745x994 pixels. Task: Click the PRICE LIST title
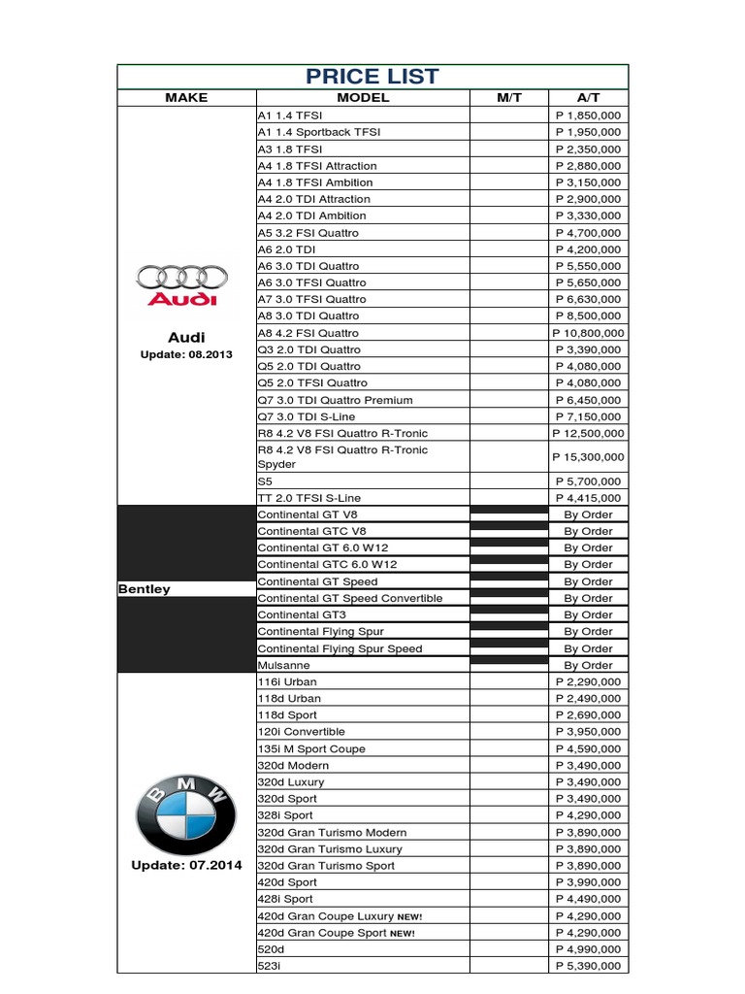(x=372, y=76)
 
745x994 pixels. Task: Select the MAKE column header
(x=186, y=98)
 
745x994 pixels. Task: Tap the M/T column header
(x=509, y=98)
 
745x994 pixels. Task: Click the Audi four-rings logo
(x=181, y=284)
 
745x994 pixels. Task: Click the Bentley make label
(x=144, y=589)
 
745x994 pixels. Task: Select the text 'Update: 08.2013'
(x=186, y=354)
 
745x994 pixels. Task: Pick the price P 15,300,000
(x=589, y=457)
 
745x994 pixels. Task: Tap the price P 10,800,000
(x=589, y=333)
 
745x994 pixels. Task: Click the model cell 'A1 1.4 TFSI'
(x=290, y=116)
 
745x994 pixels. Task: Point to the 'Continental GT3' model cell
(x=302, y=614)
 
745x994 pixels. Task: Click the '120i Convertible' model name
(x=301, y=731)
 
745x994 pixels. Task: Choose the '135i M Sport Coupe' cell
(x=311, y=748)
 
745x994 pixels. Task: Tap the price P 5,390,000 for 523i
(x=589, y=966)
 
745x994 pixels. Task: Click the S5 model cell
(x=266, y=481)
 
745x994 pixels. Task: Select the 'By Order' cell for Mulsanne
(x=589, y=665)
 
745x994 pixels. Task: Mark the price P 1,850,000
(x=589, y=116)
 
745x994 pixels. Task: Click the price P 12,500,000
(x=589, y=433)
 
